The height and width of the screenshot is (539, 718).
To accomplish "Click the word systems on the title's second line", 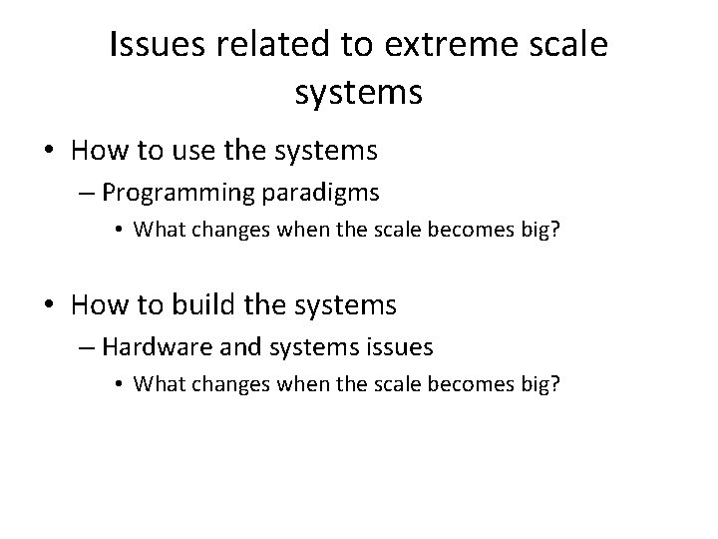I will click(359, 93).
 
